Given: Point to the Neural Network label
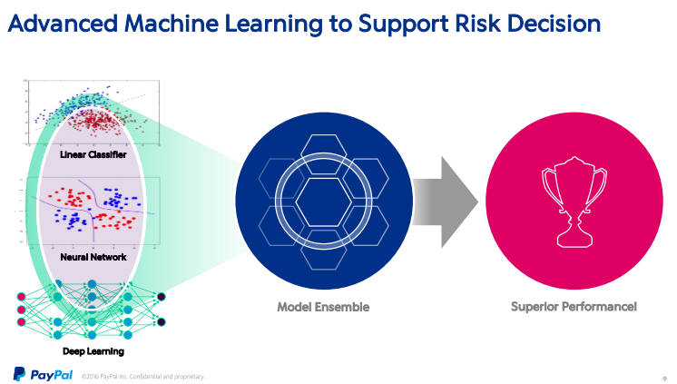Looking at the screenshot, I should (93, 257).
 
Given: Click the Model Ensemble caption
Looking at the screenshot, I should (323, 307).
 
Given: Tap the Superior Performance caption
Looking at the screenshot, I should (574, 307).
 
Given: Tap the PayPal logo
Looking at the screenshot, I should (43, 373).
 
